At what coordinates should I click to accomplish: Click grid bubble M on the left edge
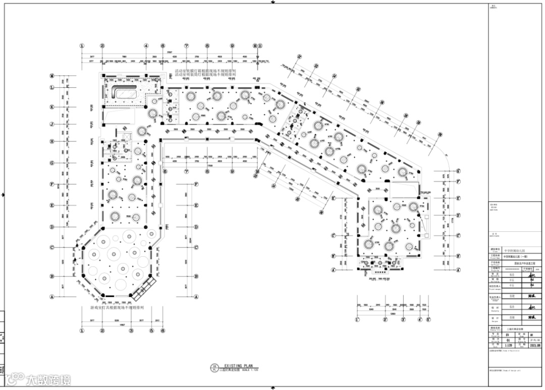[51, 76]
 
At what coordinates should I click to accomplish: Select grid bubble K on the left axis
[51, 107]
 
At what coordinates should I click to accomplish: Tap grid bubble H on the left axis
[51, 141]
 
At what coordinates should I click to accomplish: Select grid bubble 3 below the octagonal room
[131, 331]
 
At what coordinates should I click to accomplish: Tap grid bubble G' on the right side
[458, 171]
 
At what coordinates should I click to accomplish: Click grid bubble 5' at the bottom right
[428, 320]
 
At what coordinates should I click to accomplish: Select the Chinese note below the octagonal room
[117, 307]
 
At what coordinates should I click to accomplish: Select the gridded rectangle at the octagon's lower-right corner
[142, 288]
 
